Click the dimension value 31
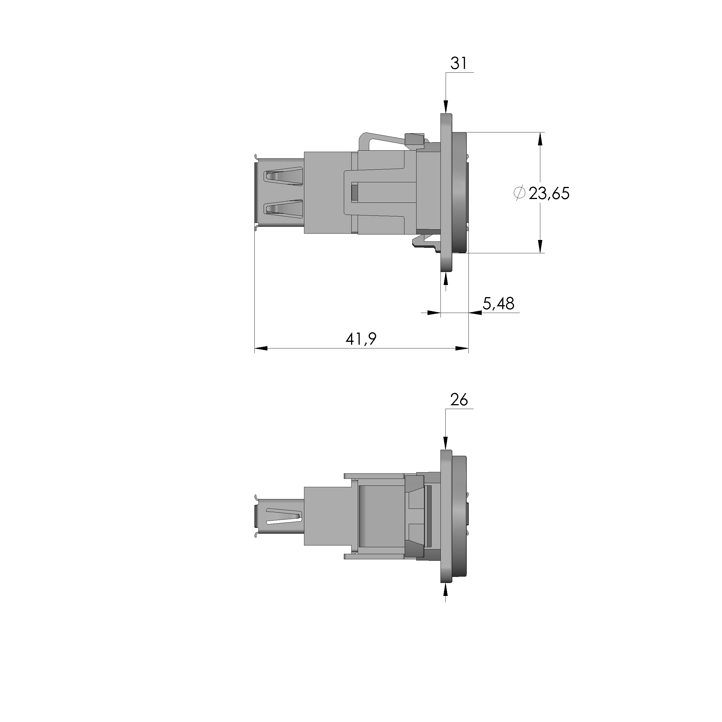[x=459, y=63]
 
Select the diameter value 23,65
[x=549, y=194]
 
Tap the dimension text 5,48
[x=498, y=303]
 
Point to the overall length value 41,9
[x=361, y=339]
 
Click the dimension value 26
[x=459, y=400]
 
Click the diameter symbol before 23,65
[x=520, y=193]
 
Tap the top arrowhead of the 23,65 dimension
[x=540, y=139]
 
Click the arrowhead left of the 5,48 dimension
[x=434, y=312]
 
